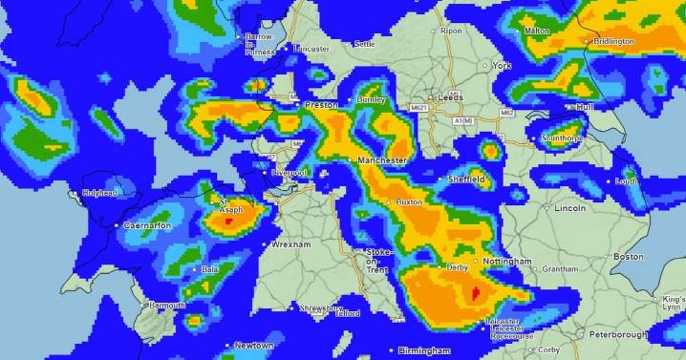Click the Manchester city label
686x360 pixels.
coord(384,161)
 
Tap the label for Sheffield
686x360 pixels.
coord(468,179)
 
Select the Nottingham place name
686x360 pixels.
coord(507,261)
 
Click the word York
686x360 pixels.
coord(503,66)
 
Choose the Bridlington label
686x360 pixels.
coord(613,42)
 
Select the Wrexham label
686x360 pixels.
coord(291,245)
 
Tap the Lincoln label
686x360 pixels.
coord(569,207)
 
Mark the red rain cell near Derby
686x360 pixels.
coord(474,292)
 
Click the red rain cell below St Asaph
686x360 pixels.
coord(229,220)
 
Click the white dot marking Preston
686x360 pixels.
coord(297,105)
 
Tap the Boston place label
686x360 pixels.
coord(629,257)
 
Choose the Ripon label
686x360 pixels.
coord(451,32)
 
